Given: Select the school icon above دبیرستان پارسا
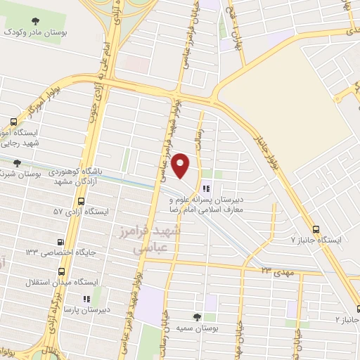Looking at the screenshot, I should point(86,299).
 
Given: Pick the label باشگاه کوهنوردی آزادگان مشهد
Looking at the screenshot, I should point(75,176).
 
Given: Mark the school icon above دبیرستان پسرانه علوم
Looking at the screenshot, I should point(205,188).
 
